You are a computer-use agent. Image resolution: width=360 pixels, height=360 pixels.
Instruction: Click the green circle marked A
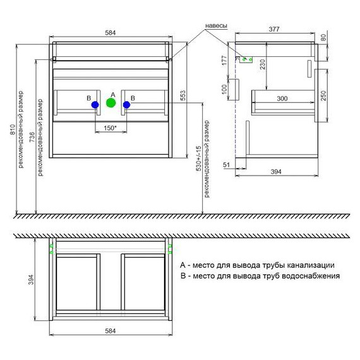(111, 102)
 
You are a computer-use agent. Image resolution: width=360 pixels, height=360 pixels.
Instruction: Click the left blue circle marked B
(95, 105)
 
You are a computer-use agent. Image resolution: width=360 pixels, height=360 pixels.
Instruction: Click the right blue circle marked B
(126, 105)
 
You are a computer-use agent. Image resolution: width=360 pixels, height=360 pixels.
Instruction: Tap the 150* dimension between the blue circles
(111, 128)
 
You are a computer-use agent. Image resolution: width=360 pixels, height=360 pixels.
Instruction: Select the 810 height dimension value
(13, 129)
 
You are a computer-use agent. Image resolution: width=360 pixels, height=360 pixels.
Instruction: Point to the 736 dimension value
(32, 137)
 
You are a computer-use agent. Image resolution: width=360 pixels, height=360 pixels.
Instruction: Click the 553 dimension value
(183, 95)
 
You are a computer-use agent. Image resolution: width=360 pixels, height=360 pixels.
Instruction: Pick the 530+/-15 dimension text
(199, 159)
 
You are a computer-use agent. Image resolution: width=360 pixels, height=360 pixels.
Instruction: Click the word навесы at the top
(216, 26)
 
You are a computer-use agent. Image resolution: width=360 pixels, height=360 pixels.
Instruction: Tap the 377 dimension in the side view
(274, 29)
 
